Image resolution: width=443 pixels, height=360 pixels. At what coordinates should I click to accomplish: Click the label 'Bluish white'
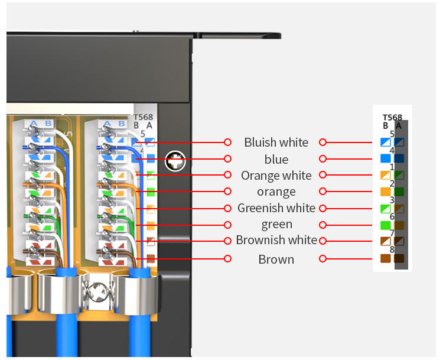point(276,142)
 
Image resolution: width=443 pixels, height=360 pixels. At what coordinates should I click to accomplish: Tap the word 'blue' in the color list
point(276,159)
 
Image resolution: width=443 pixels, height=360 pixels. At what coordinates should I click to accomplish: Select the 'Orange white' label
point(276,176)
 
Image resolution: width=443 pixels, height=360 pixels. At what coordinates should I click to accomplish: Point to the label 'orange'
point(276,192)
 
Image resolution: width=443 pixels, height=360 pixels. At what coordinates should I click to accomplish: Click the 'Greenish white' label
point(276,208)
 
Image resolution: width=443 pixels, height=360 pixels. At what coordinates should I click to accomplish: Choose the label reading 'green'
point(277,225)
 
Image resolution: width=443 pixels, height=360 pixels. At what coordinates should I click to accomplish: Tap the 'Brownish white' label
point(276,240)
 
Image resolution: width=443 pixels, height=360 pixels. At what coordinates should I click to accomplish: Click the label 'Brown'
point(276,260)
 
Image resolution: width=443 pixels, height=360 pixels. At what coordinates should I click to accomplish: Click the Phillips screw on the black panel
point(175,161)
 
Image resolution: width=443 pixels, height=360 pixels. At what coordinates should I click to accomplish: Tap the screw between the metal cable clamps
point(97,291)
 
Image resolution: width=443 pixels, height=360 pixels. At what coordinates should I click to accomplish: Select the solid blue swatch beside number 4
point(385,158)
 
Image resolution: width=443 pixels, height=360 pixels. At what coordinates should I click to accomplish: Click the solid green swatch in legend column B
point(385,225)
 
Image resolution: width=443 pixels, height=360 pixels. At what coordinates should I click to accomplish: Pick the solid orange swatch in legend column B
point(385,192)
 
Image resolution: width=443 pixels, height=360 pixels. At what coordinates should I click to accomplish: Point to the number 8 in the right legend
point(392,249)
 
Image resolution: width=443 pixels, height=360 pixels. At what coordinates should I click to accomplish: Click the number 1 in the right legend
point(392,167)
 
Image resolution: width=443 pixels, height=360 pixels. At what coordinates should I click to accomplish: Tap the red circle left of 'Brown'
point(228,259)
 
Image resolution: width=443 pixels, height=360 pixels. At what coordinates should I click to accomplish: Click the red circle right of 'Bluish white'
point(323,142)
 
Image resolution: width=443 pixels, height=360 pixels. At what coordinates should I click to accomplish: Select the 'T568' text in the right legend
point(392,118)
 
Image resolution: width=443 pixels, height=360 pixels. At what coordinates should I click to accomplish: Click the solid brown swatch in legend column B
point(385,258)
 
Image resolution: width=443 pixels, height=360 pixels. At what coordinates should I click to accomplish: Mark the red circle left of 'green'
point(228,225)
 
